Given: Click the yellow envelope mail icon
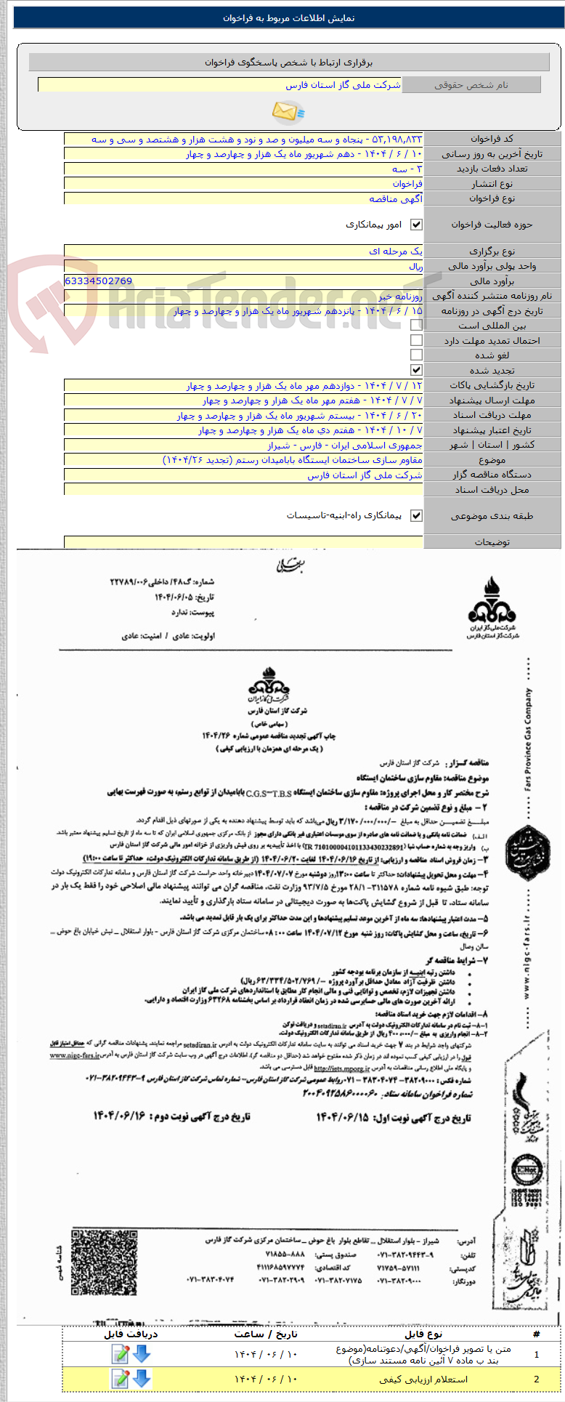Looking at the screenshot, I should click(x=288, y=111).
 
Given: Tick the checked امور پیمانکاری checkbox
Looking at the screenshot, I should click(x=416, y=225).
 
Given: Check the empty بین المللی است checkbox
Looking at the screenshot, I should click(x=416, y=326).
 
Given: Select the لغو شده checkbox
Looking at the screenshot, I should click(x=416, y=355).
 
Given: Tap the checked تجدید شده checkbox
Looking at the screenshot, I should click(x=416, y=370).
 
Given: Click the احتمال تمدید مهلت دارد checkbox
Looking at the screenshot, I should click(x=416, y=340).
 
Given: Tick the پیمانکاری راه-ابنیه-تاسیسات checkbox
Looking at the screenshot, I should click(x=416, y=516).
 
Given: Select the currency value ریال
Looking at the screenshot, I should click(x=415, y=267).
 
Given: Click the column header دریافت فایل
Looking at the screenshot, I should click(x=131, y=1334).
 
